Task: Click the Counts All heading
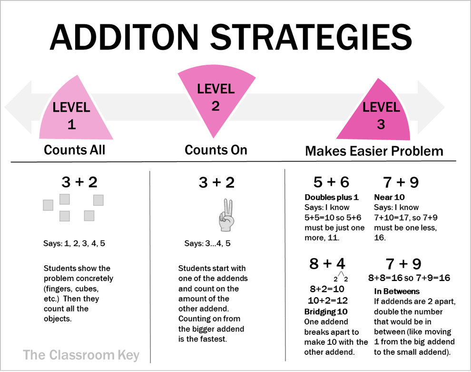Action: [75, 150]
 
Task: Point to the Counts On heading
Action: [216, 150]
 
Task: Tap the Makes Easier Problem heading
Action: [374, 151]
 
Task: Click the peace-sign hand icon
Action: [226, 215]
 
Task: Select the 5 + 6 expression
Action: [331, 182]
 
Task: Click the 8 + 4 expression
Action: [327, 264]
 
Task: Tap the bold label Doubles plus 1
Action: [331, 197]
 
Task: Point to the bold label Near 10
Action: [389, 197]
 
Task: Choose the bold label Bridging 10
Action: [325, 312]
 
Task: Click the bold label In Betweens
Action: [396, 292]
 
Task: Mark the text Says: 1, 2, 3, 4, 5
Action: [74, 243]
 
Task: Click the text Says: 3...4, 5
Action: [207, 243]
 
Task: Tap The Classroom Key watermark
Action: [81, 355]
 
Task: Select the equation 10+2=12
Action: [328, 301]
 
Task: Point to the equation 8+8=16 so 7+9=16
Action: [409, 278]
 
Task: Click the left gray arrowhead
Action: [18, 107]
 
